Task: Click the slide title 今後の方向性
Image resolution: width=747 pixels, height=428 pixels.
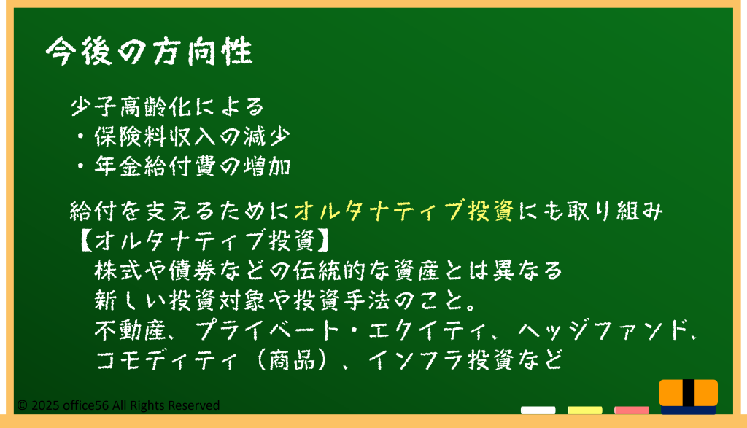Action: (149, 51)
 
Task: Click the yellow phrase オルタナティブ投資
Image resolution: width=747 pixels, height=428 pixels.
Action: (404, 211)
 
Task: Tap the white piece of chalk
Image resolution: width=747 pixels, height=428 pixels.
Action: (538, 411)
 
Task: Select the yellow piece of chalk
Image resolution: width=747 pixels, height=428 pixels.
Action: (584, 411)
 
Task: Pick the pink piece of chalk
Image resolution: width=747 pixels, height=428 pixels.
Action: (631, 411)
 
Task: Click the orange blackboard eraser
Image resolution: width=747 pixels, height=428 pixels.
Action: (689, 396)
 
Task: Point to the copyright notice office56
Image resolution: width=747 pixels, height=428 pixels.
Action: (118, 405)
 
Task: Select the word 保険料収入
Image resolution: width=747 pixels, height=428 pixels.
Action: (156, 136)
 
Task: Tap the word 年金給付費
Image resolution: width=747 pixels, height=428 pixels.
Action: (156, 166)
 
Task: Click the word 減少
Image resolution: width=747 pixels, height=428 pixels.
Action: (266, 136)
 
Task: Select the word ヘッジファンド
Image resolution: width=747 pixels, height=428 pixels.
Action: (603, 330)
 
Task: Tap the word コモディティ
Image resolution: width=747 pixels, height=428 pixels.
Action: (166, 359)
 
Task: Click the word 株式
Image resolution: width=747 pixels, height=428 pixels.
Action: (118, 271)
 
